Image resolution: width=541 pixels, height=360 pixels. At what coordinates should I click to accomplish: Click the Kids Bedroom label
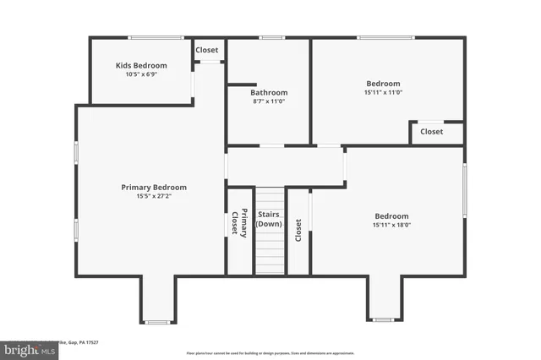[x=141, y=65]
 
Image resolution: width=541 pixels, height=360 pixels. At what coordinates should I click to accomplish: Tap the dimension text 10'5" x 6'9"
[x=141, y=74]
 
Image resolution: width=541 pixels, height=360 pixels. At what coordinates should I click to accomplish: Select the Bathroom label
[x=268, y=92]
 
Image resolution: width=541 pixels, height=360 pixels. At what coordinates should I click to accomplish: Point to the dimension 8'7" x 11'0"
[x=268, y=101]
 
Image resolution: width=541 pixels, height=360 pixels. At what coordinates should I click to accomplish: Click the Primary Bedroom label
[x=154, y=187]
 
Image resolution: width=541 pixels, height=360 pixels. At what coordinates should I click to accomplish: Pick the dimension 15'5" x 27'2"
[x=154, y=196]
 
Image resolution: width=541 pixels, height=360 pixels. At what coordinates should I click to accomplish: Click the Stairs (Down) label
[x=269, y=219]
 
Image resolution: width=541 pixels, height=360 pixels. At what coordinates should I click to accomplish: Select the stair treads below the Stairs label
[x=269, y=251]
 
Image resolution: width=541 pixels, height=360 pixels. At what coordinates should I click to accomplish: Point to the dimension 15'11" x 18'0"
[x=391, y=226]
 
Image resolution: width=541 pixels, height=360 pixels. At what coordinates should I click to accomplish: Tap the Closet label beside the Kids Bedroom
[x=207, y=50]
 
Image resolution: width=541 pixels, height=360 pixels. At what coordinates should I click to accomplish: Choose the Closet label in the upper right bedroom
[x=431, y=131]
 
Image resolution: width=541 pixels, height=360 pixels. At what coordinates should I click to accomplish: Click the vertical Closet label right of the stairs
[x=298, y=230]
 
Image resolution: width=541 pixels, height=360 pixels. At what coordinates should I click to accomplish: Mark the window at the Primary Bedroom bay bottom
[x=157, y=322]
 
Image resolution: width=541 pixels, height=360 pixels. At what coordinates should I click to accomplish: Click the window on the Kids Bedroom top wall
[x=156, y=37]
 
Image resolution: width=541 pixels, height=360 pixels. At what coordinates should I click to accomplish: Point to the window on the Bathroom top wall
[x=271, y=37]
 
